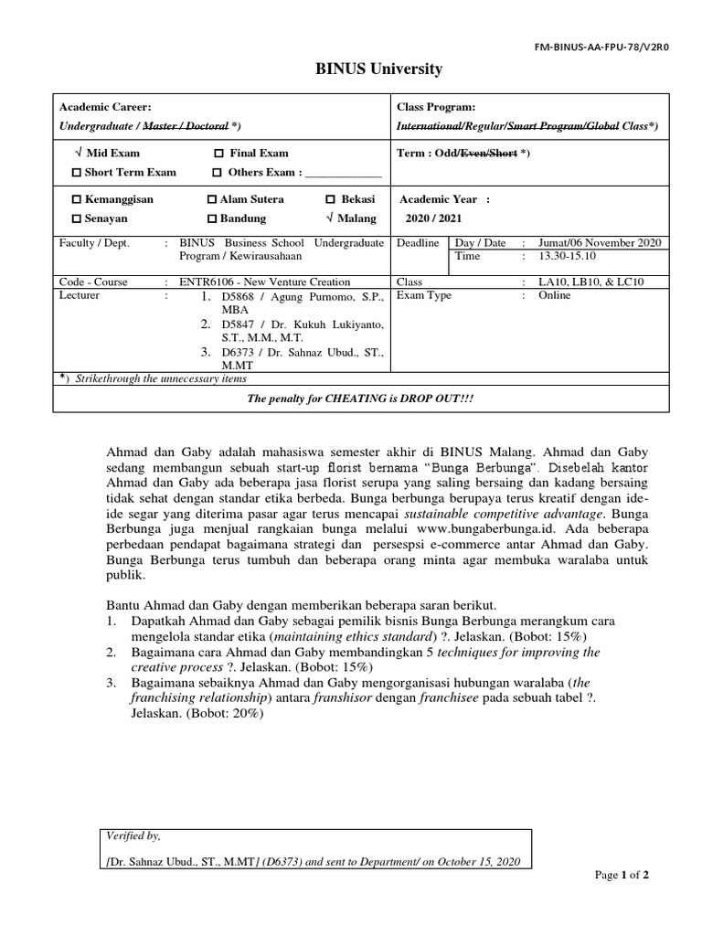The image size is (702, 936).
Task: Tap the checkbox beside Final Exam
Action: coord(218,154)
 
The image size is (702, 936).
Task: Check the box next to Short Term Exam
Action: coord(77,172)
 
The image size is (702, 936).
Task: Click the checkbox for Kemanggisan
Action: coord(77,199)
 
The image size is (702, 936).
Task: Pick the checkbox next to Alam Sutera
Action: coord(211,199)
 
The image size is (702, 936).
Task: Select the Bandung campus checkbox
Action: coord(211,219)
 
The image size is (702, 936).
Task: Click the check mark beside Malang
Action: coord(329,218)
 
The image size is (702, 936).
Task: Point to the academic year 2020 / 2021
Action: coord(435,218)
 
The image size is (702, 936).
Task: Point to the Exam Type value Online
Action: coord(555,295)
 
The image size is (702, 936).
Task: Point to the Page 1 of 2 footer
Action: coord(622,875)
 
